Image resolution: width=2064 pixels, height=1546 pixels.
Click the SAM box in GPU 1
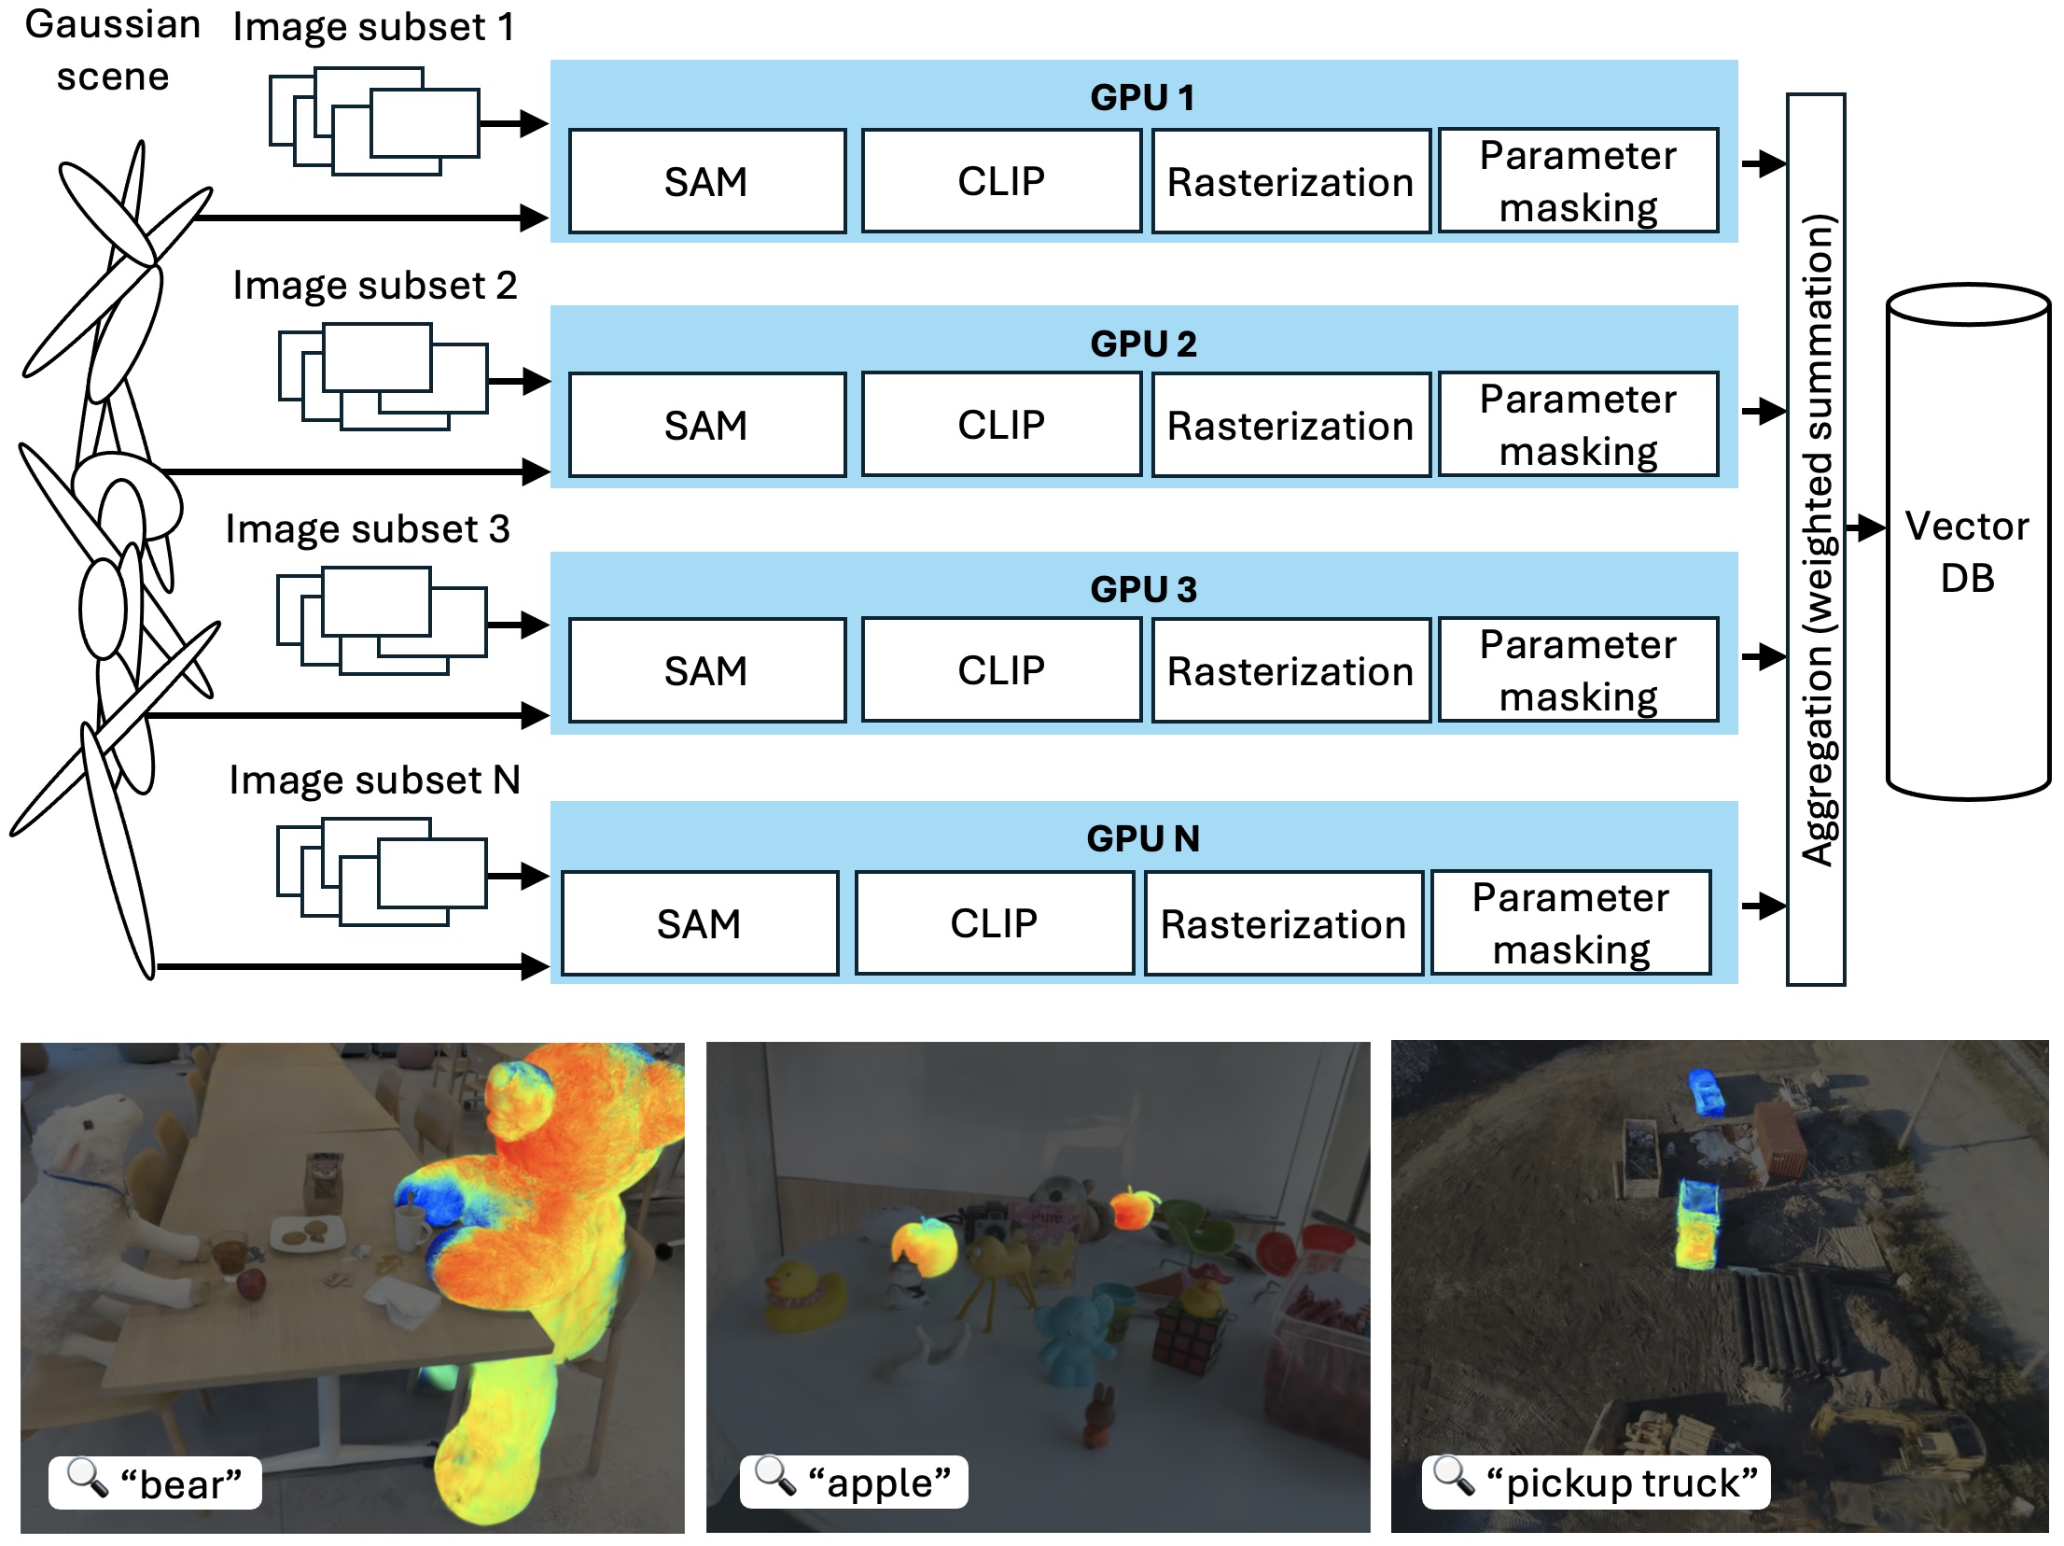click(x=706, y=181)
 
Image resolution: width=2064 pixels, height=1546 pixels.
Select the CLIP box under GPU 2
click(x=1000, y=425)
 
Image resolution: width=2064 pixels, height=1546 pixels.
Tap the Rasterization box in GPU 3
click(x=1290, y=670)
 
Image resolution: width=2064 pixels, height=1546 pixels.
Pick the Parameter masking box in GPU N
click(x=1570, y=923)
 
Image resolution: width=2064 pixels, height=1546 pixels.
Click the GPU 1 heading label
click(x=1142, y=97)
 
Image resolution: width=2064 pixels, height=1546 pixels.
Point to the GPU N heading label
click(x=1142, y=838)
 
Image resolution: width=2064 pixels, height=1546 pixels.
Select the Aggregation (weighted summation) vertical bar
click(x=1816, y=540)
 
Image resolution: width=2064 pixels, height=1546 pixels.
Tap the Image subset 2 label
click(x=374, y=286)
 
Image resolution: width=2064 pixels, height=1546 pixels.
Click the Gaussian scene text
click(x=112, y=50)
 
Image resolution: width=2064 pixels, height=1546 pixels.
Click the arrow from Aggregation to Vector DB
click(x=1865, y=527)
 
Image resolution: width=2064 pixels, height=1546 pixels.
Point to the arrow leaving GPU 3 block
click(x=1763, y=656)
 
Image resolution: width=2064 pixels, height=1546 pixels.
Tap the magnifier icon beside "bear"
click(x=88, y=1477)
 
